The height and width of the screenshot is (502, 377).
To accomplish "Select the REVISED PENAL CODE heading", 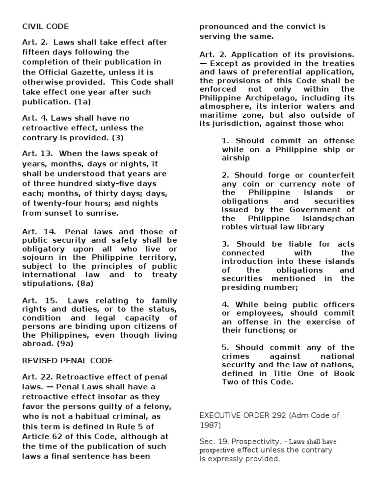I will click(67, 360).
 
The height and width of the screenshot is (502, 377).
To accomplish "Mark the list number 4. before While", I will click(225, 304).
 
